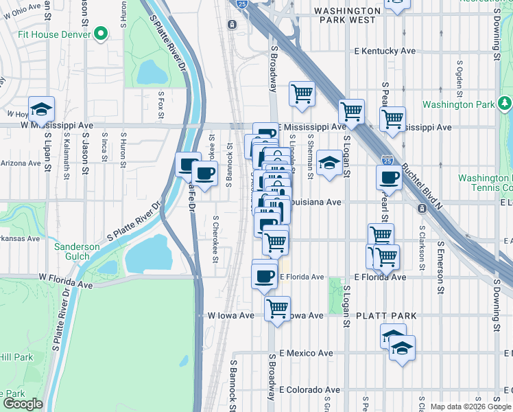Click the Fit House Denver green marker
tap(102, 33)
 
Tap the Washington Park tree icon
tap(505, 104)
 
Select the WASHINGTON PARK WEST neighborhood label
tap(346, 16)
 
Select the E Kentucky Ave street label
tap(385, 51)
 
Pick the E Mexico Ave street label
tap(306, 353)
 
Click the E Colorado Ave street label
tap(308, 389)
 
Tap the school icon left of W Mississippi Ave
tap(41, 110)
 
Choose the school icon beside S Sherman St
tap(329, 163)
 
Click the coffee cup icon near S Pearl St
tap(390, 178)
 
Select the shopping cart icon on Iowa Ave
tap(277, 309)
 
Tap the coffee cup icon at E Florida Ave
tap(265, 276)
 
